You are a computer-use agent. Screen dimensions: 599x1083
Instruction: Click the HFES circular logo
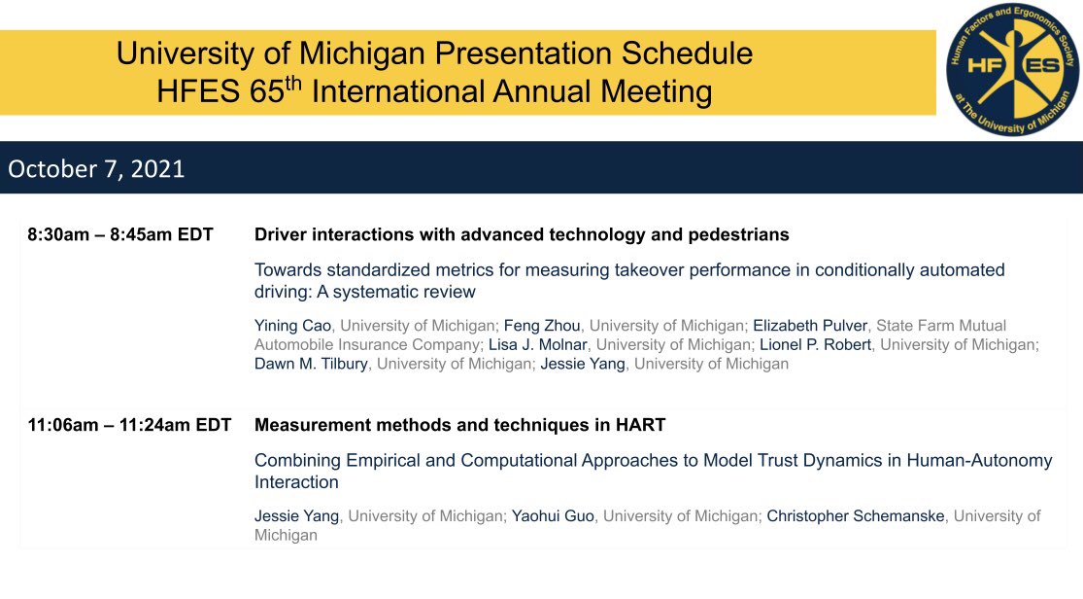(1013, 68)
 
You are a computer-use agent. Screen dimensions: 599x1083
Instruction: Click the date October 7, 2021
(96, 169)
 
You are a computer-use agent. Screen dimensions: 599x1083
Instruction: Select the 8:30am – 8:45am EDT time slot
(120, 235)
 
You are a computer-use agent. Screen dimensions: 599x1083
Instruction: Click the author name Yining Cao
(294, 326)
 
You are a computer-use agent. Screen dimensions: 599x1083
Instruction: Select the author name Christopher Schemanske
(855, 515)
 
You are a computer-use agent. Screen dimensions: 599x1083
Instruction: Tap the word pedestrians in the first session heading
(739, 235)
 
